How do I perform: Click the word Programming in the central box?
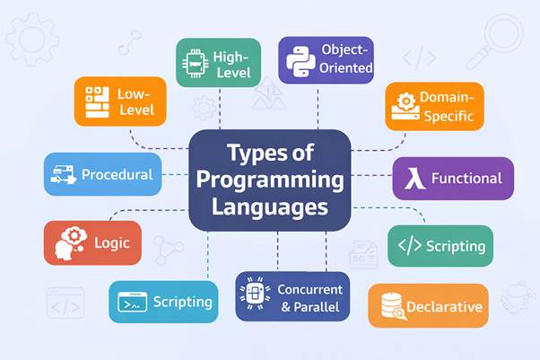270,180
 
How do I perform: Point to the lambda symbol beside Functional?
413,178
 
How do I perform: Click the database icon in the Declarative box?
391,305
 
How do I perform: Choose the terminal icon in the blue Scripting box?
131,302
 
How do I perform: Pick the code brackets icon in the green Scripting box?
408,245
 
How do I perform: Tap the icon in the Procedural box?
64,174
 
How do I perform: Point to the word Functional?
466,178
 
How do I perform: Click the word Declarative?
444,307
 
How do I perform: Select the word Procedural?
117,174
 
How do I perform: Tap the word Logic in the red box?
111,242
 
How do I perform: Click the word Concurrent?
310,289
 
